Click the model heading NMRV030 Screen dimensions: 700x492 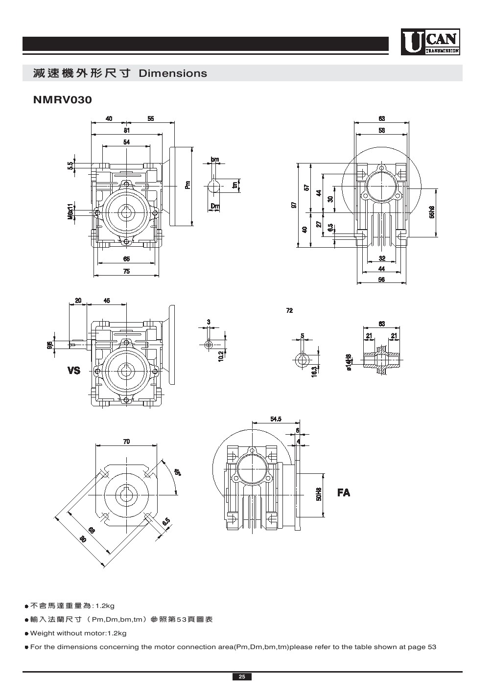(x=62, y=100)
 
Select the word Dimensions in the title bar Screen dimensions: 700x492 (x=173, y=73)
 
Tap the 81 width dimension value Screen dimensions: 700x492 (x=126, y=130)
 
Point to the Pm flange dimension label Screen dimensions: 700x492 (x=187, y=185)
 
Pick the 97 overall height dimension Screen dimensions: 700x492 (x=294, y=205)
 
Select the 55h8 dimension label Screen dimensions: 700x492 (x=431, y=212)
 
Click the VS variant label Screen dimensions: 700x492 (x=74, y=371)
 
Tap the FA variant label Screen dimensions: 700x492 (x=344, y=492)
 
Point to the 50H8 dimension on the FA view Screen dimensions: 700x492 (x=318, y=494)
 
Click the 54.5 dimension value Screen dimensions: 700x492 (x=276, y=419)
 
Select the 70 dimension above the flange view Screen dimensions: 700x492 (x=126, y=442)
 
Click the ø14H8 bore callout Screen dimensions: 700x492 (x=349, y=362)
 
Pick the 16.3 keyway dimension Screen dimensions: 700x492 (x=314, y=372)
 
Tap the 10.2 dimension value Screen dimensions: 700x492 (x=221, y=356)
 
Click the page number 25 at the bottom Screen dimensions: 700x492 (x=242, y=677)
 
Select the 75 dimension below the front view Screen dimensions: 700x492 (x=126, y=272)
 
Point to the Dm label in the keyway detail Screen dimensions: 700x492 (x=214, y=207)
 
